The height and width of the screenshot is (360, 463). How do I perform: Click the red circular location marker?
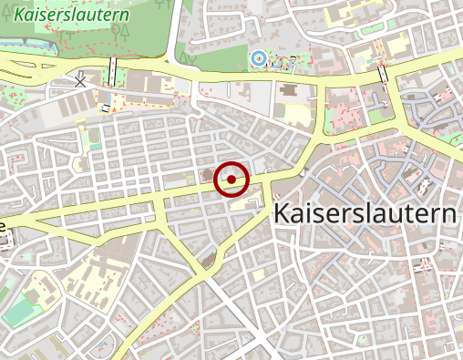[x=231, y=180]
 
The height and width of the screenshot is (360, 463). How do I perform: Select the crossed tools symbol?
[x=81, y=80]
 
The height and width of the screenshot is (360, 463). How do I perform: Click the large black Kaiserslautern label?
[x=365, y=215]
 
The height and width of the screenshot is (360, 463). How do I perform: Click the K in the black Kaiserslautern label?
[x=282, y=215]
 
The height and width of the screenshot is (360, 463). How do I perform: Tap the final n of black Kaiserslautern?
[x=448, y=215]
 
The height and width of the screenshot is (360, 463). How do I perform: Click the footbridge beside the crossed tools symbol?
[x=113, y=70]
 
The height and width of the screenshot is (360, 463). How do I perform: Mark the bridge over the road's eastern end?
[x=383, y=74]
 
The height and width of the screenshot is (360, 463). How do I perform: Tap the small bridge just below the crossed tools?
[x=106, y=108]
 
